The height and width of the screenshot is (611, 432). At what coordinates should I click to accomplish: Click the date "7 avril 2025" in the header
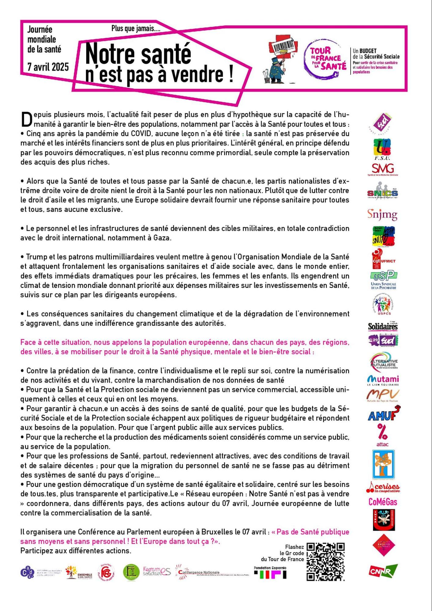[x=48, y=67]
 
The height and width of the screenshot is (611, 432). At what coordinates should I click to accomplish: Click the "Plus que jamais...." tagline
[x=136, y=29]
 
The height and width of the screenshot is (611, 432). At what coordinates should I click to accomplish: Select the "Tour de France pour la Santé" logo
[x=325, y=58]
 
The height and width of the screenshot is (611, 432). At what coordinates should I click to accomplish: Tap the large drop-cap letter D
[x=27, y=119]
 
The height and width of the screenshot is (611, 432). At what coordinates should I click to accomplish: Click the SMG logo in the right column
[x=383, y=169]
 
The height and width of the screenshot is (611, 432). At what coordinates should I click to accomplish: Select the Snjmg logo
[x=382, y=215]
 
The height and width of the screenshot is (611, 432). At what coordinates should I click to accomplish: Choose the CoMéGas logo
[x=382, y=502]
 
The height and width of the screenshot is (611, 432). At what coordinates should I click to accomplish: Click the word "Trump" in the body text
[x=35, y=257]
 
